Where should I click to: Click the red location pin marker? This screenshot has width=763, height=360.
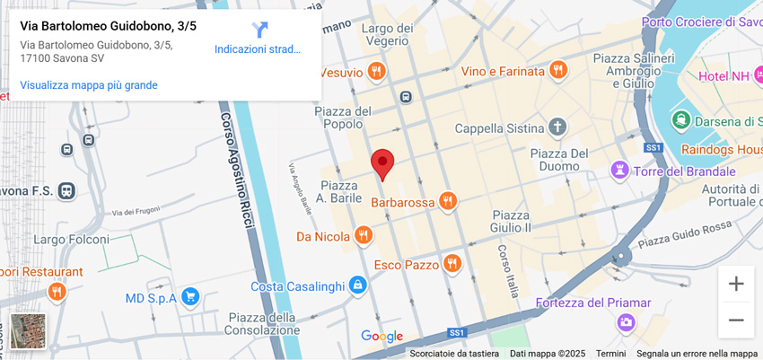[x=382, y=164]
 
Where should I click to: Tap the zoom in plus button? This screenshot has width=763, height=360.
[x=735, y=284]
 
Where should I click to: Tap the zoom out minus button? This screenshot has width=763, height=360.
[x=735, y=320]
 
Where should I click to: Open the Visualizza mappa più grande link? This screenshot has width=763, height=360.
[x=89, y=85]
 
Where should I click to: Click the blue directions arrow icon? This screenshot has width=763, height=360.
[x=259, y=30]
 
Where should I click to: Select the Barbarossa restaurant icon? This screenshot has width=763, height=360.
[x=448, y=202]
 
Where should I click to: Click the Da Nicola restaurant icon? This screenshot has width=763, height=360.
[x=363, y=236]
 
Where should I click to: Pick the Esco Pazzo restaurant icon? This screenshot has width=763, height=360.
[x=452, y=264]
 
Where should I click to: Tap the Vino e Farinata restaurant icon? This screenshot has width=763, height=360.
[x=558, y=70]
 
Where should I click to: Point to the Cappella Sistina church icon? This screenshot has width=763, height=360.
[x=558, y=127]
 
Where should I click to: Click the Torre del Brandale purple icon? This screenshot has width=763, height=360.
[x=619, y=170]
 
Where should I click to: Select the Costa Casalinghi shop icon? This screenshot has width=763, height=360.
[x=358, y=285]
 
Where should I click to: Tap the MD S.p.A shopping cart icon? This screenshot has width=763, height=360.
[x=189, y=297]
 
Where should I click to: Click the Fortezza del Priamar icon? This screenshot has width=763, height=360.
[x=626, y=321]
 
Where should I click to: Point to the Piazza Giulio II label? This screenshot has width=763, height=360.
[x=511, y=221]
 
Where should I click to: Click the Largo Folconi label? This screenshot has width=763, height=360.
[x=71, y=240]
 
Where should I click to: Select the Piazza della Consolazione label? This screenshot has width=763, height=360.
[x=261, y=323]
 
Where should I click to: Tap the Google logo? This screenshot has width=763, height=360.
[x=381, y=337]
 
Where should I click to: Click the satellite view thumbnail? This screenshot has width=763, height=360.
[x=28, y=330]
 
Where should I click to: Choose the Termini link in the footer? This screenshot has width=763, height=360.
[x=610, y=354]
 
